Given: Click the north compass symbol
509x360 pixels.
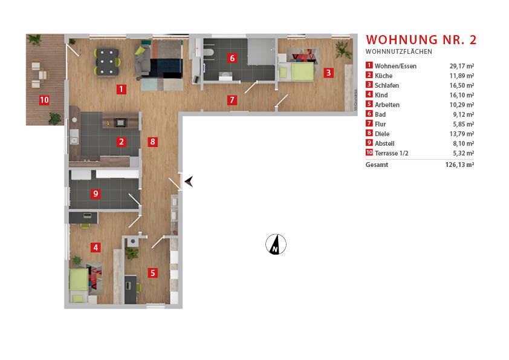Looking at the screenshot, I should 276,244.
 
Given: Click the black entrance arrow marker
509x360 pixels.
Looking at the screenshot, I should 189,181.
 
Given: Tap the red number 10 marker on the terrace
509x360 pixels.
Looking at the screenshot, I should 44,100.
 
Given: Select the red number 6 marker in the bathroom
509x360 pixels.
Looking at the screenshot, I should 232,59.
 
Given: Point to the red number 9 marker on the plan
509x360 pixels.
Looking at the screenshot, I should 96,194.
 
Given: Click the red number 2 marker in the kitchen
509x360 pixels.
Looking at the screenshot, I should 122,143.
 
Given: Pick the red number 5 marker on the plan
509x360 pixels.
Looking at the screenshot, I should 153,273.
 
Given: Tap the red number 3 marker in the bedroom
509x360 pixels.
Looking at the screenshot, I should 328,73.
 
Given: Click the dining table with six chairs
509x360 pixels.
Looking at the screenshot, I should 107,61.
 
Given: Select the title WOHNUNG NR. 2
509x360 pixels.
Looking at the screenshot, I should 421,40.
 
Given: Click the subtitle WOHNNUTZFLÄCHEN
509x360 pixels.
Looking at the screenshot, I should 398,52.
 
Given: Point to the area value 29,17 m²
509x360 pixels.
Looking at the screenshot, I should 461,66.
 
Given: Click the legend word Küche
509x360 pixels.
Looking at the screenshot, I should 383,76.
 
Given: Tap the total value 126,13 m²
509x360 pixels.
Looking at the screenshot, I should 459,165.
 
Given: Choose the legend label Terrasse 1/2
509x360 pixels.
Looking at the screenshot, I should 391,153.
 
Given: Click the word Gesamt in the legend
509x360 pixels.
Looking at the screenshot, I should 377,165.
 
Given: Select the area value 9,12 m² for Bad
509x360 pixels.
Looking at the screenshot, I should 462,114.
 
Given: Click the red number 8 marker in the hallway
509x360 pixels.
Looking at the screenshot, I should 153,143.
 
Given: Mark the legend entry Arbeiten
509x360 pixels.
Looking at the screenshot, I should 387,105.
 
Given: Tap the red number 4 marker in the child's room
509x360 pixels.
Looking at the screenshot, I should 96,247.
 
